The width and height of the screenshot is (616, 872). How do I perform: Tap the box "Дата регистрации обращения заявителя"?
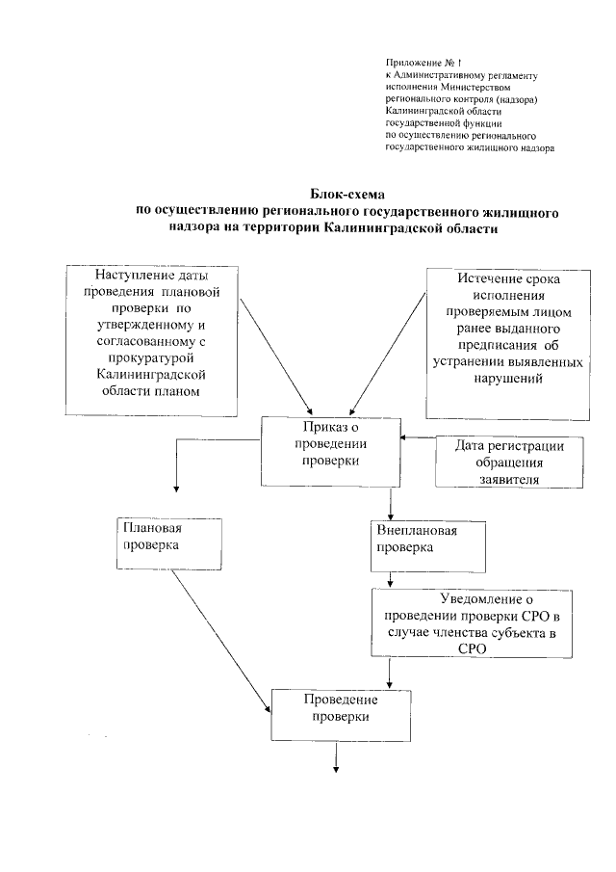tap(500, 462)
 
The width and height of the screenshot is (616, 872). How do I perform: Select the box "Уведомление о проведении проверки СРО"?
tap(465, 623)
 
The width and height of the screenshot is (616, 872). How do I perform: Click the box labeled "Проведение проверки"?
tap(340, 714)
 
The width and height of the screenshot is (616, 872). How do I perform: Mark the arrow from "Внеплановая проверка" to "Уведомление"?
tap(389, 578)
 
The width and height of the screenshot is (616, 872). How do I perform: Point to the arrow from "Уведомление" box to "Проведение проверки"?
tap(389, 673)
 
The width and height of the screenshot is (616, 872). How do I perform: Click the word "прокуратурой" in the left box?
tap(152, 357)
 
